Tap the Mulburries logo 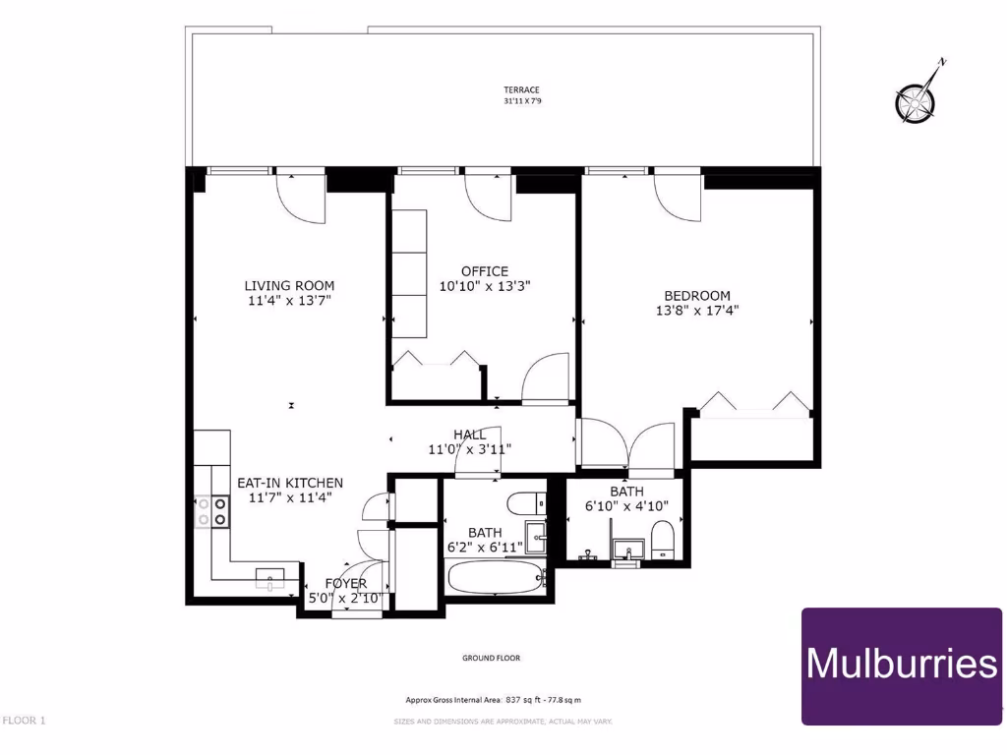click(x=902, y=666)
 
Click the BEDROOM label click(x=697, y=295)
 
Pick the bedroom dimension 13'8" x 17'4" click(x=697, y=311)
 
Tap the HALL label click(x=470, y=435)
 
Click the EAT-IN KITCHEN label click(x=290, y=483)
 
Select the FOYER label click(x=345, y=583)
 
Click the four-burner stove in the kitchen click(x=211, y=510)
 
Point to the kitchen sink click(x=270, y=578)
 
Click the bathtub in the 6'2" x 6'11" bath click(x=495, y=576)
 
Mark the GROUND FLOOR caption click(x=491, y=658)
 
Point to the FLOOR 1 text click(x=25, y=721)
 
